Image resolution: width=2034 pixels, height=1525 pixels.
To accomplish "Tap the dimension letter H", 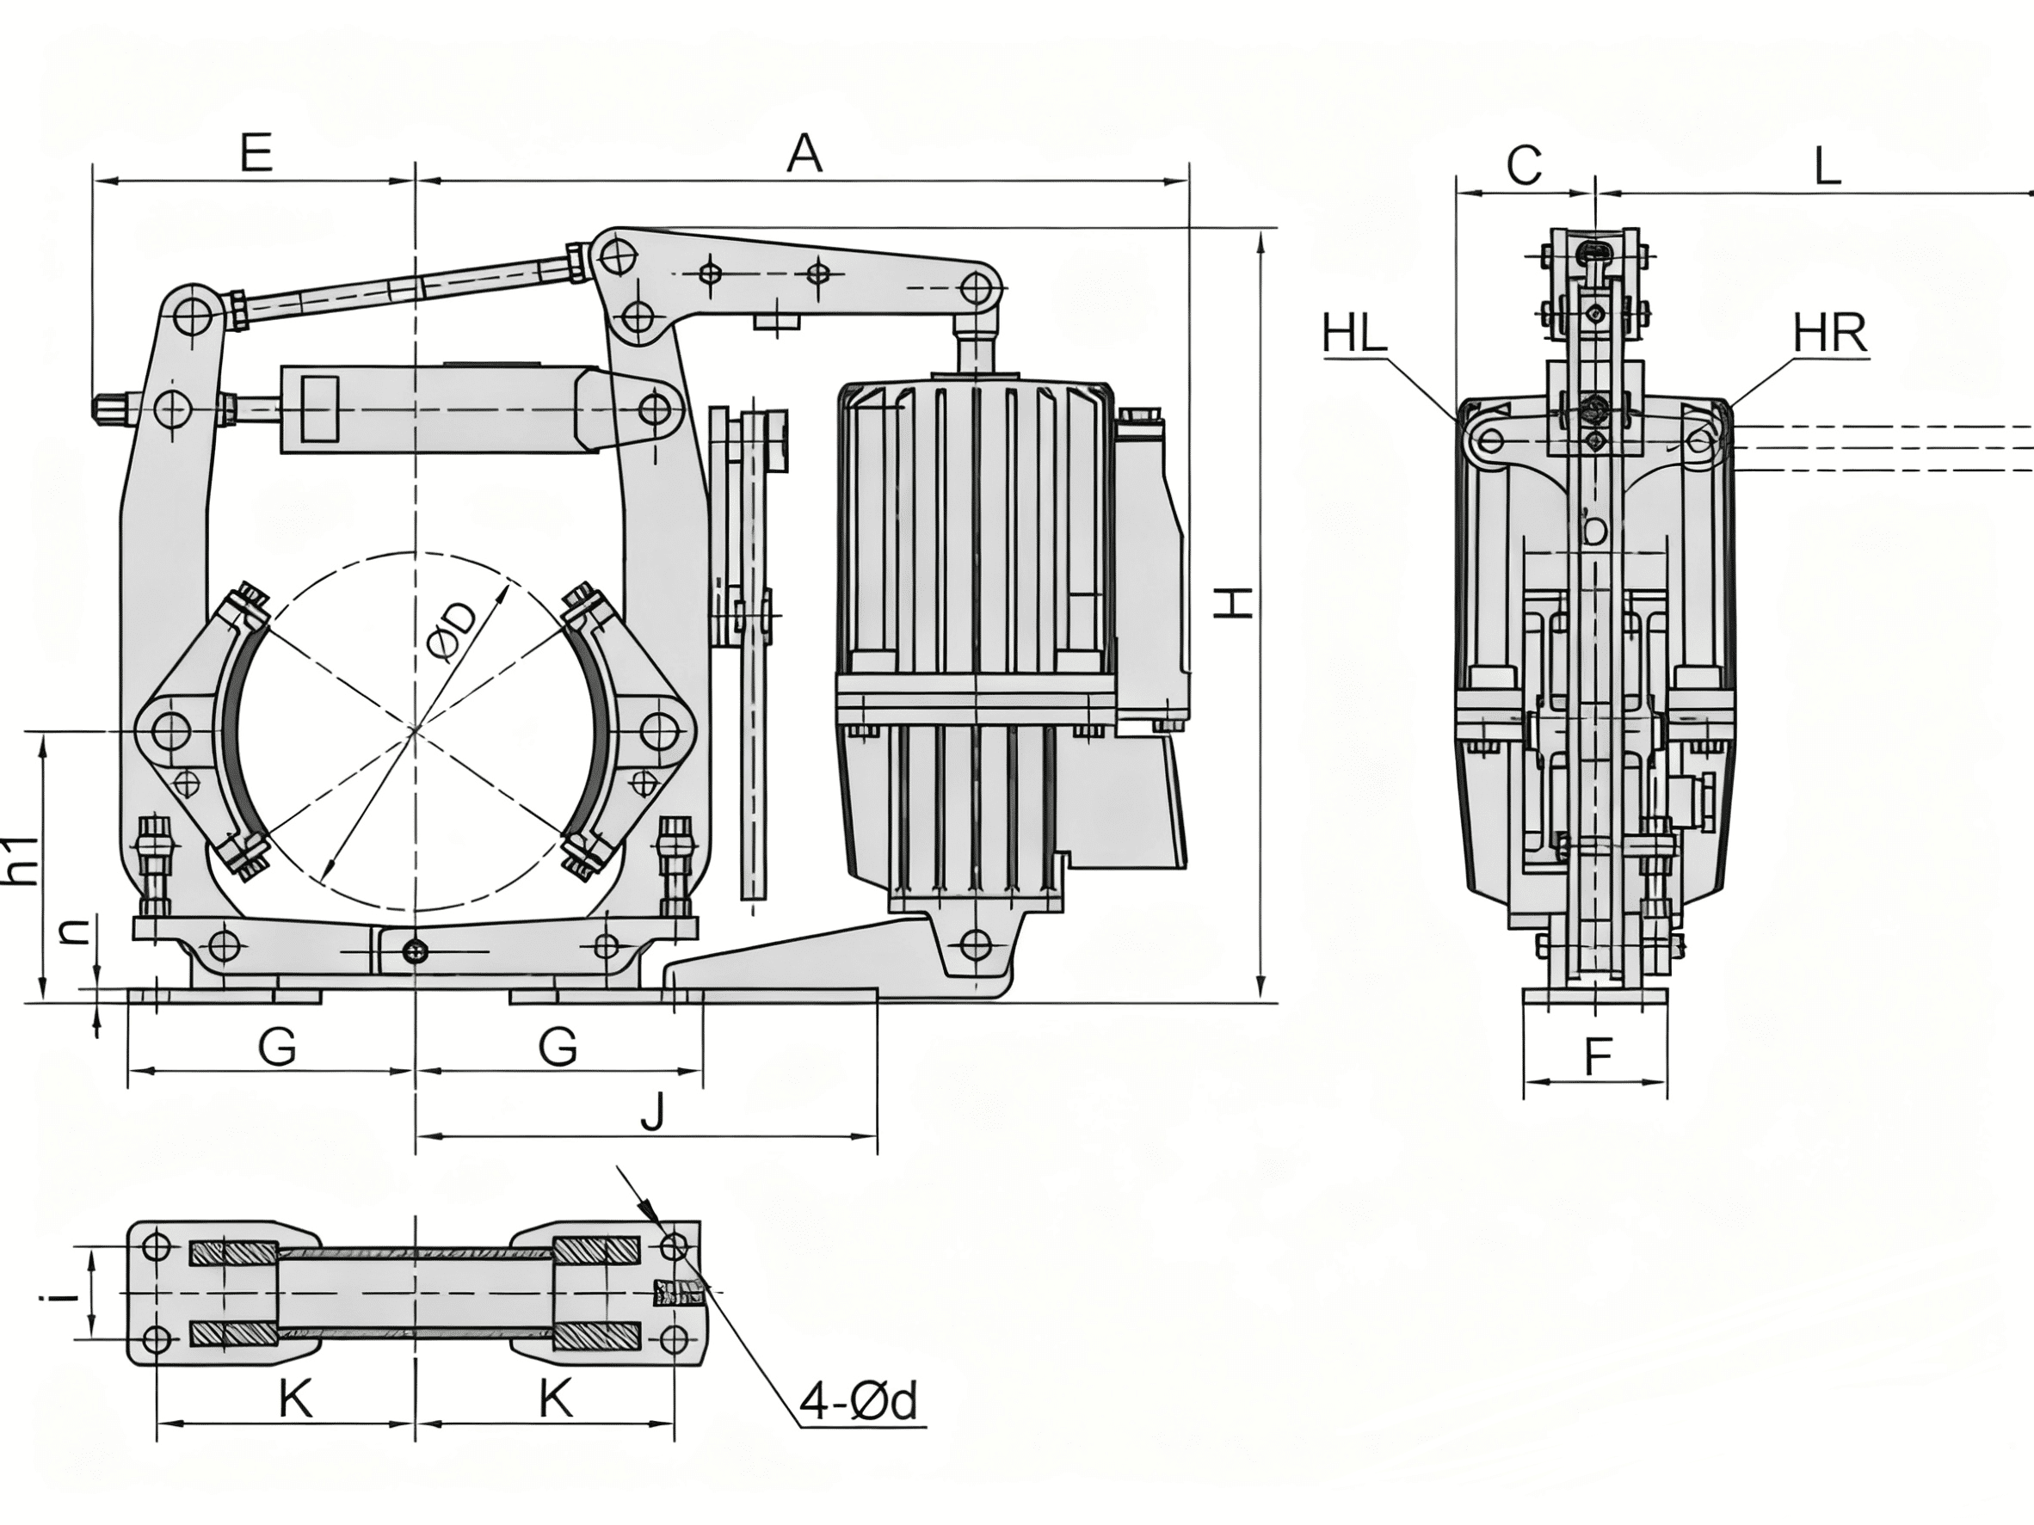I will (x=1232, y=603).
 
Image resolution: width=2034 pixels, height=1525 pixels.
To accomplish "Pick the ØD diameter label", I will (x=453, y=631).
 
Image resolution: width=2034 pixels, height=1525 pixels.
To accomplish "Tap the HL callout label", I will (x=1354, y=334).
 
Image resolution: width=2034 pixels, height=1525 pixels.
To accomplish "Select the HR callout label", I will (x=1830, y=334).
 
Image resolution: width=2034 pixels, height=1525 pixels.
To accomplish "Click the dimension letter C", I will (x=1525, y=166).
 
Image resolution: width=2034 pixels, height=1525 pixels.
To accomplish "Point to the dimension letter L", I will (x=1826, y=166).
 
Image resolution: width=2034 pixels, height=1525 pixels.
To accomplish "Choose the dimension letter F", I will (x=1599, y=1057).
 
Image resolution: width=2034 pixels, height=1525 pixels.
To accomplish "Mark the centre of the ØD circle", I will (x=416, y=731).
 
